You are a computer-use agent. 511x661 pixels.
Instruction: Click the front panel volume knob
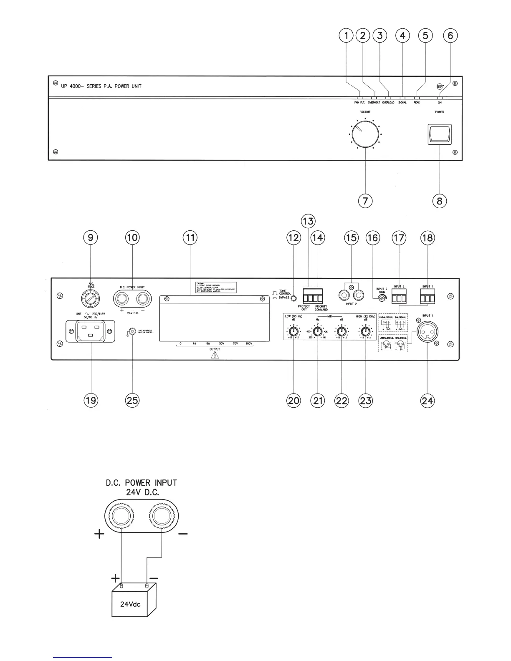pyautogui.click(x=365, y=134)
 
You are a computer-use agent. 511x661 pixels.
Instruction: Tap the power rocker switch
pyautogui.click(x=439, y=134)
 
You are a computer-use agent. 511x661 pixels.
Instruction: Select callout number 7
pyautogui.click(x=365, y=201)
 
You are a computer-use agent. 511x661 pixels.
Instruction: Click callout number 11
pyautogui.click(x=190, y=238)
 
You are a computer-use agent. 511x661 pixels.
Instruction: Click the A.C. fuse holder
pyautogui.click(x=91, y=299)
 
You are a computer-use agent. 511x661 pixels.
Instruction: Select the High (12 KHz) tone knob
pyautogui.click(x=366, y=332)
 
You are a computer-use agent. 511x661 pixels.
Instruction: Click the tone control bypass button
pyautogui.click(x=294, y=299)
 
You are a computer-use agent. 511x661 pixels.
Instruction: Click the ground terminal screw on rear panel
pyautogui.click(x=132, y=332)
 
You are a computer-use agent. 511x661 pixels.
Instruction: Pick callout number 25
pyautogui.click(x=132, y=401)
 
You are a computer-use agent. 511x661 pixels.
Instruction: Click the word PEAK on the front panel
pyautogui.click(x=417, y=102)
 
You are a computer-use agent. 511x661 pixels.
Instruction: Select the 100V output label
pyautogui.click(x=249, y=343)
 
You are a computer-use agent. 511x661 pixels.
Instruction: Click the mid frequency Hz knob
pyautogui.click(x=318, y=332)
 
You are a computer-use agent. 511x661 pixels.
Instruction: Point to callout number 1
pyautogui.click(x=346, y=36)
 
